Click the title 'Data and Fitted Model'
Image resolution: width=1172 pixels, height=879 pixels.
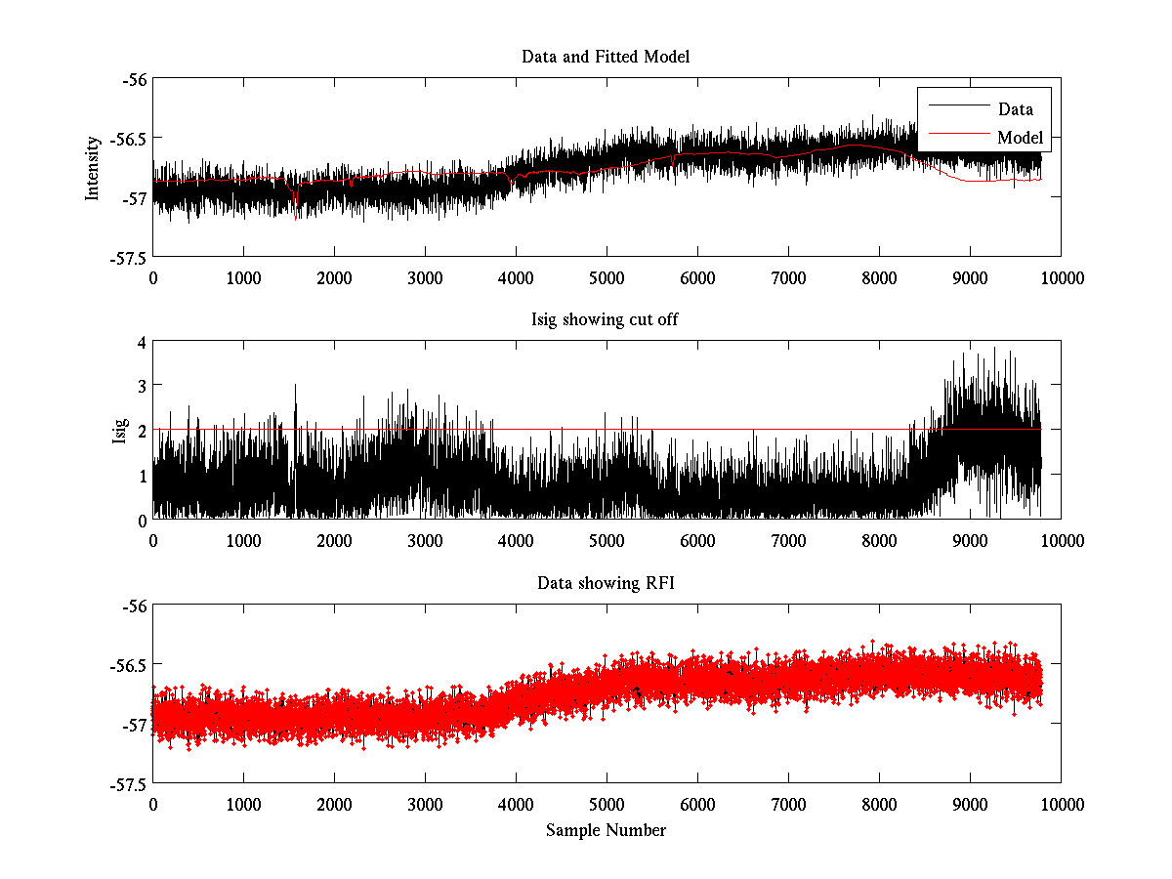click(606, 57)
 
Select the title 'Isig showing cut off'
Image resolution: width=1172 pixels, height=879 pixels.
click(606, 320)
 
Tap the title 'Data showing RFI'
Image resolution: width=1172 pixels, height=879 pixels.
click(606, 584)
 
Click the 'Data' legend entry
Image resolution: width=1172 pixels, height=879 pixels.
click(1015, 108)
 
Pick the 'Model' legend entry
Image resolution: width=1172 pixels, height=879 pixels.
click(1020, 137)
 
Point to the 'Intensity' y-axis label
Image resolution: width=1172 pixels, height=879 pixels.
click(93, 168)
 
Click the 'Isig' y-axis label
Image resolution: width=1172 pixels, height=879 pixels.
click(119, 431)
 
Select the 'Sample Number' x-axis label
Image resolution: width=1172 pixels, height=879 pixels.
click(606, 830)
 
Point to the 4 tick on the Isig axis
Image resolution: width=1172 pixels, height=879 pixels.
click(142, 343)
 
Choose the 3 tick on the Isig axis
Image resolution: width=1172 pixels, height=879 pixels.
click(142, 387)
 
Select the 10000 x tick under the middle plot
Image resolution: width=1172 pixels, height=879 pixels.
click(1062, 541)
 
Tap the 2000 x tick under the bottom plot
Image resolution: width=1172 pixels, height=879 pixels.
click(334, 805)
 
